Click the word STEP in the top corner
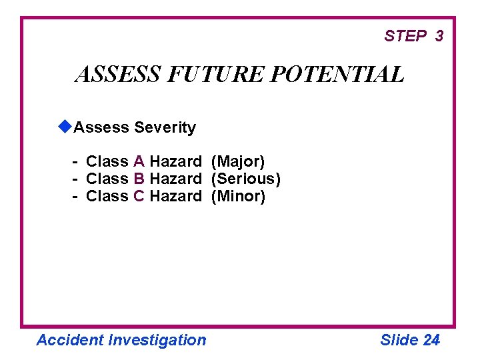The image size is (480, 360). [x=405, y=36]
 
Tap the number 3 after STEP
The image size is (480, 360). [x=439, y=36]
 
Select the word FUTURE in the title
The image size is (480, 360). [x=216, y=74]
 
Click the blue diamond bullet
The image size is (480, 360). [x=65, y=126]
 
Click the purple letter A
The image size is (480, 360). [x=139, y=161]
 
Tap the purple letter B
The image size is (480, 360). [x=139, y=179]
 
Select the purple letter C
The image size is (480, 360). [x=139, y=196]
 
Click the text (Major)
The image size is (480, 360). [x=238, y=161]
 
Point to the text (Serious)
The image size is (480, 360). [x=245, y=179]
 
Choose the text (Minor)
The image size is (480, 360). [x=238, y=196]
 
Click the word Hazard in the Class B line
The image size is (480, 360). [x=175, y=179]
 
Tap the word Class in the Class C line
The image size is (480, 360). [x=107, y=196]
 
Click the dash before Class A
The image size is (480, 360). [x=77, y=161]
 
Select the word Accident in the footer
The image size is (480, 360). [x=70, y=340]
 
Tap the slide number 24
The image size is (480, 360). [x=431, y=340]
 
